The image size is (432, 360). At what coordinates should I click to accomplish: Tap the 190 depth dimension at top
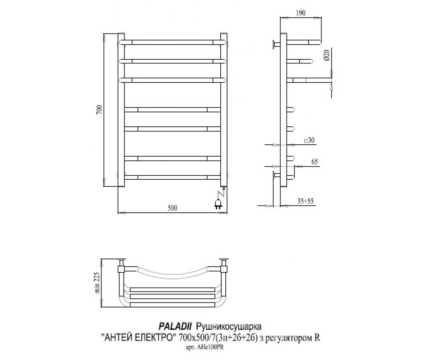[x=300, y=13]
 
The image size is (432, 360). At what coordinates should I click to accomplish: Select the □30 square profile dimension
[x=309, y=140]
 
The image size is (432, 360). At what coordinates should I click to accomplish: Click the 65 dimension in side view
[x=314, y=162]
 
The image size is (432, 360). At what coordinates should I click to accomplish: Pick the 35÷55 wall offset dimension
[x=305, y=201]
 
